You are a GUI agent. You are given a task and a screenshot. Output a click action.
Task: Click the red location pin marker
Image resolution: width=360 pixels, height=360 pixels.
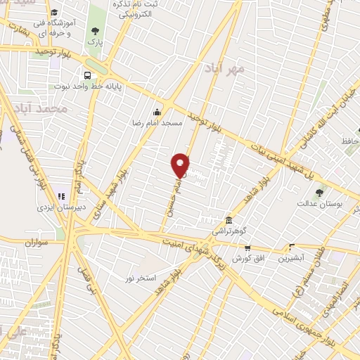point(180,165)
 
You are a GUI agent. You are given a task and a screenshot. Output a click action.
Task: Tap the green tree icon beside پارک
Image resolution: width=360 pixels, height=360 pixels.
point(95,30)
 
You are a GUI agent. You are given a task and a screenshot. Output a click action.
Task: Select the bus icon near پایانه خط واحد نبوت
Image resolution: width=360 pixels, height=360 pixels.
point(87,76)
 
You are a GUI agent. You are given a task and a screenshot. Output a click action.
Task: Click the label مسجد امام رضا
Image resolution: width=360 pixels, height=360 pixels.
point(162,122)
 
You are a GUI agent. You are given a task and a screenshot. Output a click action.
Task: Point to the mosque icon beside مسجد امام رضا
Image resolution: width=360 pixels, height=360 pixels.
point(157,110)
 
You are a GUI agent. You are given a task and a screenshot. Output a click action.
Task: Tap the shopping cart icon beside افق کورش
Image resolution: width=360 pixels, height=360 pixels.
point(247,247)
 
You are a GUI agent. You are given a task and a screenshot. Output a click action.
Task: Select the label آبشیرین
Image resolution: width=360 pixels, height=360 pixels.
point(290,258)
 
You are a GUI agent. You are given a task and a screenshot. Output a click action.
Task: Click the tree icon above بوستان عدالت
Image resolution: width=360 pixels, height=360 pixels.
point(321,191)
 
